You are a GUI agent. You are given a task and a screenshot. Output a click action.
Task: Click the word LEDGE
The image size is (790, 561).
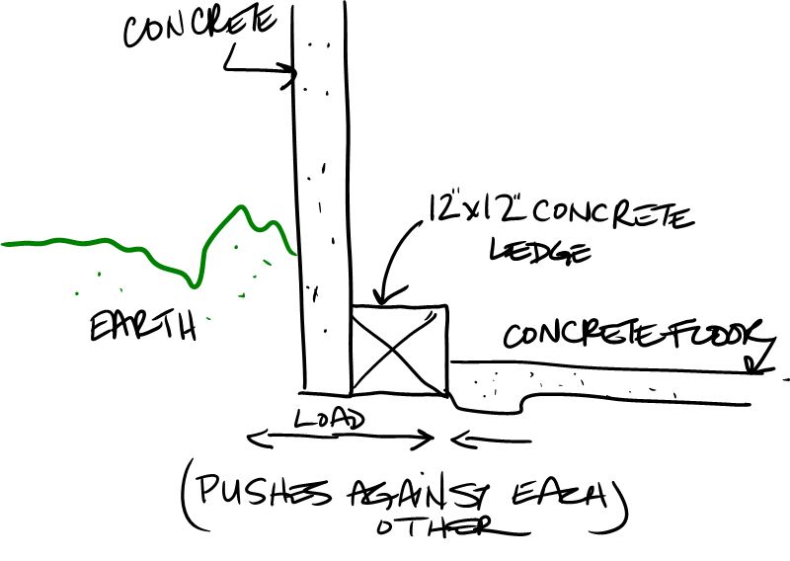click(541, 252)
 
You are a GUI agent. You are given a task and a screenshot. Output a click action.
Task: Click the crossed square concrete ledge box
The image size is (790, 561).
click(400, 351)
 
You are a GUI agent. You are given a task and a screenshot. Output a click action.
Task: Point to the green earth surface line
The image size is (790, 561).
click(148, 247)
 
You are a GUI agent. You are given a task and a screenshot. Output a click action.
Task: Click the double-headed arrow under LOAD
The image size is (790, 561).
click(341, 437)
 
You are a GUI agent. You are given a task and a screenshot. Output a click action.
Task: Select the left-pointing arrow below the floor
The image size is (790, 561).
click(489, 437)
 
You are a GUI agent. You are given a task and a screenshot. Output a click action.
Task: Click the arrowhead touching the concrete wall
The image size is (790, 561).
click(290, 71)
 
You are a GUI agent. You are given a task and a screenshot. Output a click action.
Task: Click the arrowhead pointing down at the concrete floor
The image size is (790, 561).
click(755, 368)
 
